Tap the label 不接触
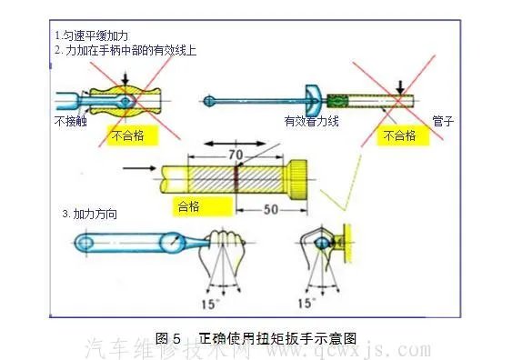coord(70,121)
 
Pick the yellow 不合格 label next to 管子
coord(398,136)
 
